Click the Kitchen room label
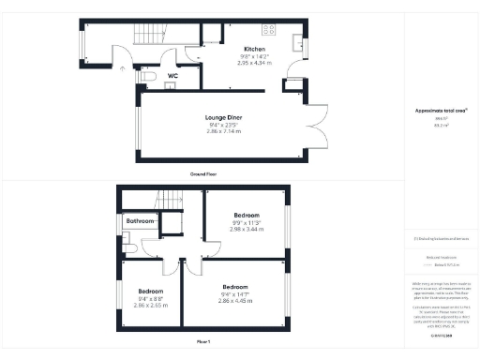click(254, 49)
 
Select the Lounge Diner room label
click(223, 117)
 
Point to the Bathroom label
click(141, 220)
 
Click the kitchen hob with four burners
click(272, 27)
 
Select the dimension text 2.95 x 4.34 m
click(254, 63)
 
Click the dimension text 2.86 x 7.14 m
click(223, 131)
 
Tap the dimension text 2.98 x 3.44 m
click(247, 229)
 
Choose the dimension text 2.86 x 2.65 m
click(150, 305)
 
